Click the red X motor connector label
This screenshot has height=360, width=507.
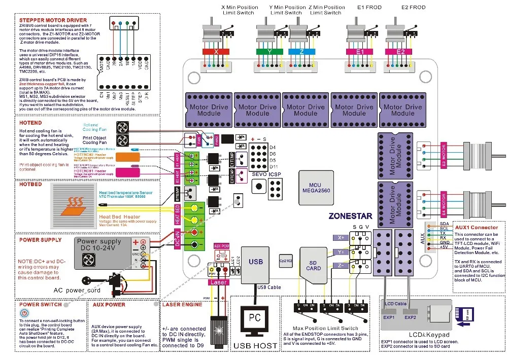click(217, 52)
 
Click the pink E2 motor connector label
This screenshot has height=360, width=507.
click(401, 52)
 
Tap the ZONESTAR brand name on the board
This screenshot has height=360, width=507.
click(350, 215)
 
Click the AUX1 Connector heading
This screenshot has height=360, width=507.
click(476, 228)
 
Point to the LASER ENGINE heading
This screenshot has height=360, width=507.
click(182, 304)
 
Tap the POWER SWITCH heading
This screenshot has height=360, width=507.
click(41, 304)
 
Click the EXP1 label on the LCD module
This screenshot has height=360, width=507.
click(389, 318)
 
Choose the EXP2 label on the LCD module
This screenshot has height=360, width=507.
click(410, 318)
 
